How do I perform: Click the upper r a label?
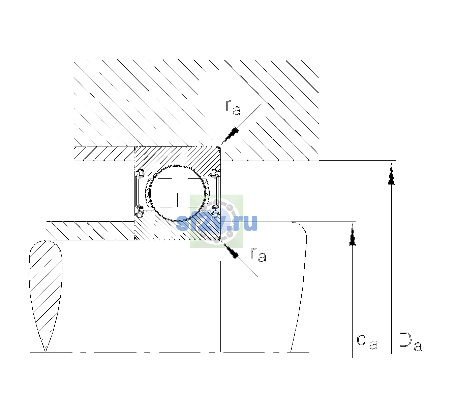tap(233, 108)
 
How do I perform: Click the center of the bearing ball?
tap(178, 193)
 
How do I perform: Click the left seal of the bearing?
tap(140, 193)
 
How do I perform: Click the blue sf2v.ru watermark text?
tap(216, 223)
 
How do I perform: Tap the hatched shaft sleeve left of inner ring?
tap(90, 231)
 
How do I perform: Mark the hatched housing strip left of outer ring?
tap(104, 154)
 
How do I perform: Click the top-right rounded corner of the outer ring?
tap(219, 147)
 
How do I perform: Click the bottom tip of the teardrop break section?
tap(45, 352)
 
